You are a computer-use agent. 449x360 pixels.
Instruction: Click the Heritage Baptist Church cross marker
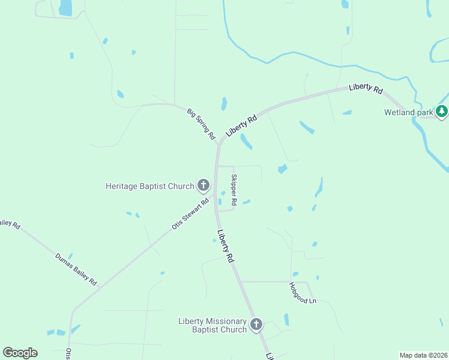coord(203,185)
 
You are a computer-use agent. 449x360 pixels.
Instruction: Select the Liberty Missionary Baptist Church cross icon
coord(256,325)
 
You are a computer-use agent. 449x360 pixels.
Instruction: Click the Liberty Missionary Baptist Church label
coord(213,325)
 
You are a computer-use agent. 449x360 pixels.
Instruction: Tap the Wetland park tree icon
coord(442,111)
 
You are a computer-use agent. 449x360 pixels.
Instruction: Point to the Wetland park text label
coord(409,112)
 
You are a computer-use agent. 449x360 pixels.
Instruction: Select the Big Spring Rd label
coord(201,124)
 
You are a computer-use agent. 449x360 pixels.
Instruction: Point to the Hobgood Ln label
coord(303,292)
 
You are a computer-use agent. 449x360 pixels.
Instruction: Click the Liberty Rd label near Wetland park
coord(366,88)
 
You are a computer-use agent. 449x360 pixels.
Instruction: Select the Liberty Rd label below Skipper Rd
coord(226,247)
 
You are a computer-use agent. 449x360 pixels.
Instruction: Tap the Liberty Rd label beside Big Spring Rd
coord(241,125)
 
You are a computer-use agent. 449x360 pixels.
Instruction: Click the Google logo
coord(20,353)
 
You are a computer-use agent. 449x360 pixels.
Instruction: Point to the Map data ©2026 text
coord(423,355)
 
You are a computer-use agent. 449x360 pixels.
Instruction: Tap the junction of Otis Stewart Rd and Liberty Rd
coord(215,193)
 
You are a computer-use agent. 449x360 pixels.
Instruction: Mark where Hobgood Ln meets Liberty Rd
coord(241,281)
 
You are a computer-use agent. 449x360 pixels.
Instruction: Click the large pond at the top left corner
coord(65,7)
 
